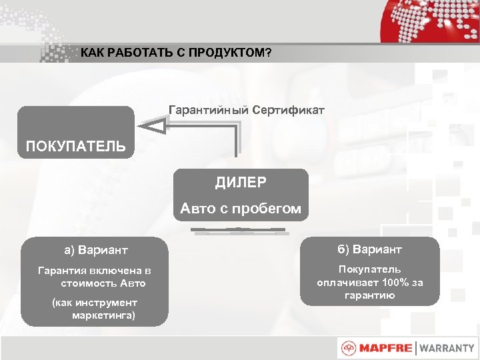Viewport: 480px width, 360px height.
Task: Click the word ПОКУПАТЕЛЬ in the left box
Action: pyautogui.click(x=75, y=146)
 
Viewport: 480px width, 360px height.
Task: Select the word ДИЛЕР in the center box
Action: pyautogui.click(x=241, y=183)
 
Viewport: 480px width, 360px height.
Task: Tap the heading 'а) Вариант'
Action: pyautogui.click(x=95, y=251)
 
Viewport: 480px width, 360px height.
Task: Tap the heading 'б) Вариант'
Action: pyautogui.click(x=369, y=249)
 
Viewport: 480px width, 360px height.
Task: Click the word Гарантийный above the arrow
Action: pyautogui.click(x=208, y=109)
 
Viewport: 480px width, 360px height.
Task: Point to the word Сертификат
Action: pyautogui.click(x=288, y=109)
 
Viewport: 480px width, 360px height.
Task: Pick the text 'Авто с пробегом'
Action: pyautogui.click(x=241, y=209)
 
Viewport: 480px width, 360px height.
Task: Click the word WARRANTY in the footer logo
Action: pyautogui.click(x=447, y=348)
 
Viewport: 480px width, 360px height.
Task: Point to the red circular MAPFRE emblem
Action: pyautogui.click(x=348, y=348)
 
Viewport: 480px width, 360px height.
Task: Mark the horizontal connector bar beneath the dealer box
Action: pyautogui.click(x=239, y=231)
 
